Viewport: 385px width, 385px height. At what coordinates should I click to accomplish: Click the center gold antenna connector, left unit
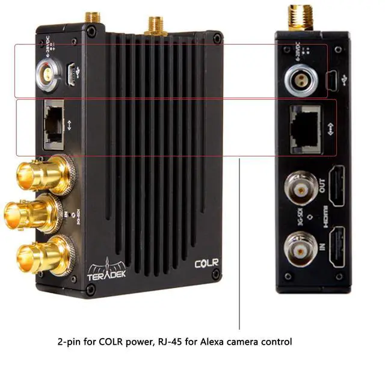(155, 25)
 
